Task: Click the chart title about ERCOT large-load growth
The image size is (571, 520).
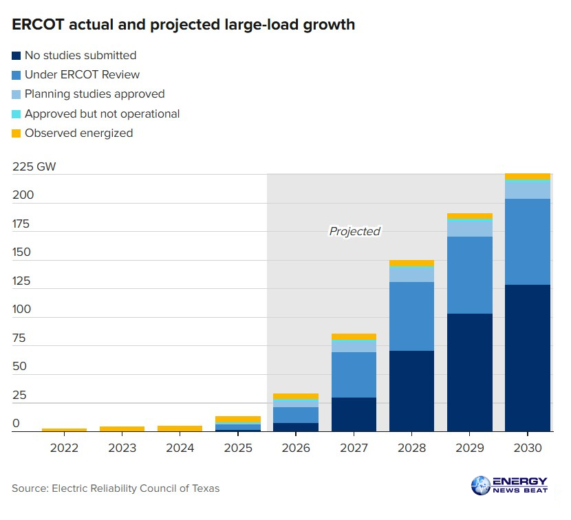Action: click(x=184, y=25)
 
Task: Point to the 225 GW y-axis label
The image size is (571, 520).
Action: click(x=34, y=166)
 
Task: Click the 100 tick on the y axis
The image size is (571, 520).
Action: click(x=21, y=309)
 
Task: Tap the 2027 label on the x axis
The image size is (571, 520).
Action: click(x=354, y=448)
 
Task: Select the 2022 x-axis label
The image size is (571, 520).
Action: click(x=64, y=448)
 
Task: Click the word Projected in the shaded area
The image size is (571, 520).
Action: click(x=354, y=231)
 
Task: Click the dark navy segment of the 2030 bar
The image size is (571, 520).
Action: click(x=528, y=358)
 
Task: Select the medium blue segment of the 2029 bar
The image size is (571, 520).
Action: click(x=469, y=275)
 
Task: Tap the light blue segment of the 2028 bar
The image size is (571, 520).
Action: click(x=411, y=274)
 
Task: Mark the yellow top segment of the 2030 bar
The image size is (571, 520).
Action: click(x=528, y=177)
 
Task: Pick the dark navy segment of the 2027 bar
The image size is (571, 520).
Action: click(x=354, y=414)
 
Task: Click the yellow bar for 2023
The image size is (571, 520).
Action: click(x=122, y=429)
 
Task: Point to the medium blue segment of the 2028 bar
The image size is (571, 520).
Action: click(x=411, y=316)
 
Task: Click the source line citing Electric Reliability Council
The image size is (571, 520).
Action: click(x=116, y=488)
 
